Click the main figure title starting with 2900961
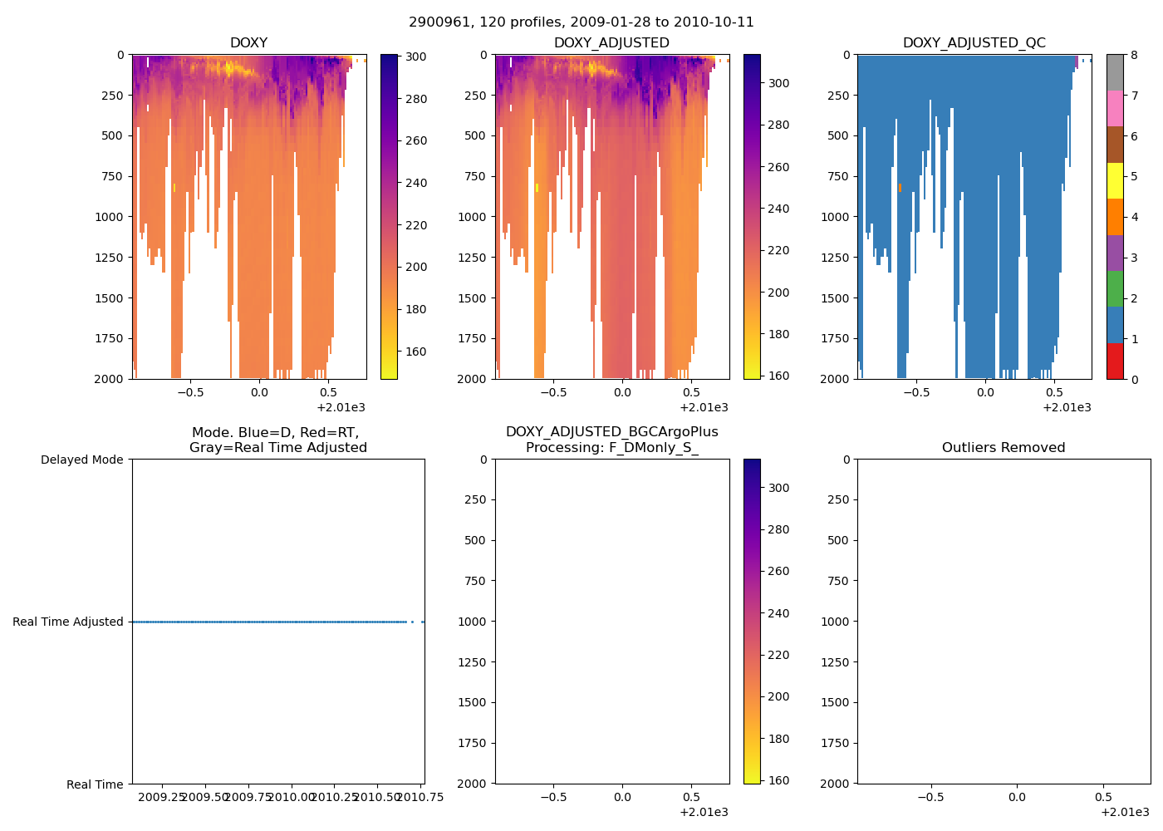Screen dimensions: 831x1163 [x=581, y=22]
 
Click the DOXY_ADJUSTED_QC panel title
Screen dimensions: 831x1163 [x=974, y=43]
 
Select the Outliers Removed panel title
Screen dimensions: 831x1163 [x=1003, y=448]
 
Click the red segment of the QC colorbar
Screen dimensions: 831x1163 [x=1115, y=361]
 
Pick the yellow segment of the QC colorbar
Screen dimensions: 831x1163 [x=1115, y=181]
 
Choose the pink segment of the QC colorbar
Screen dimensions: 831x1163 [x=1115, y=109]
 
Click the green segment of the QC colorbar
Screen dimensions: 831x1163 [x=1115, y=289]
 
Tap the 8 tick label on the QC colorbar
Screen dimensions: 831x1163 [x=1134, y=56]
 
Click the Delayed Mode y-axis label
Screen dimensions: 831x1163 [x=81, y=460]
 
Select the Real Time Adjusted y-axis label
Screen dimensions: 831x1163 [x=67, y=622]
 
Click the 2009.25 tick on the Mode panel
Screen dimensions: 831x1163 [x=161, y=798]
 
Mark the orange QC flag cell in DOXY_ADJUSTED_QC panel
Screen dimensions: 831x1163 [x=900, y=188]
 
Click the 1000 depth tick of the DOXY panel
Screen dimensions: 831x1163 [x=109, y=217]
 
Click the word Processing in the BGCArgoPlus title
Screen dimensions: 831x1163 [x=564, y=448]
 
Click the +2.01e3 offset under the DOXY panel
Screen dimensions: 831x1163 [x=341, y=407]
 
